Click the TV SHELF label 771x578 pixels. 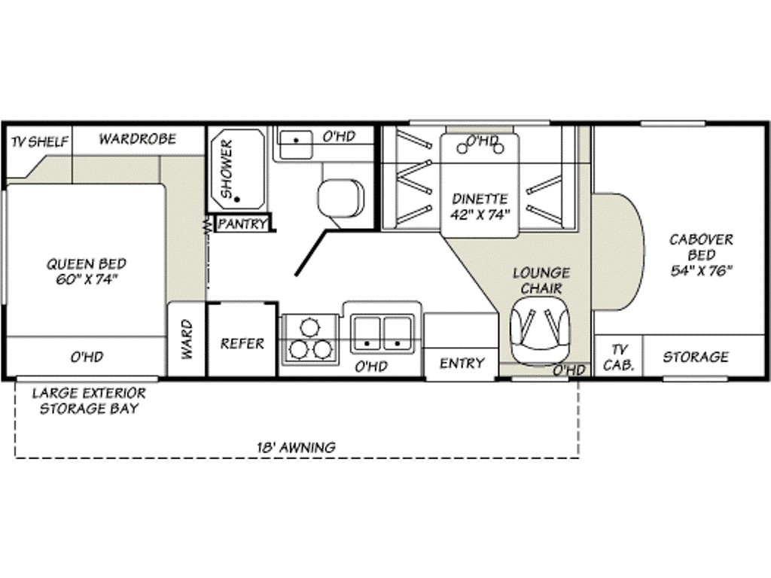point(40,142)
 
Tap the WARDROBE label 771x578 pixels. point(137,139)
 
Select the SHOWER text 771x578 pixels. point(227,169)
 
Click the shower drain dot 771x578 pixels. point(237,199)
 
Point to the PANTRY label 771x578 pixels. point(242,224)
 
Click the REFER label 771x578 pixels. point(242,343)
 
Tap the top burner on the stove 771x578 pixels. point(309,327)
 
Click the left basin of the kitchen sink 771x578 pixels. point(367,334)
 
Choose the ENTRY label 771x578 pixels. point(462,364)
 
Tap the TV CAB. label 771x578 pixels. point(619,357)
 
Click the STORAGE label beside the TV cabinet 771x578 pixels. point(696,357)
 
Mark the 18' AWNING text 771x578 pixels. point(296,447)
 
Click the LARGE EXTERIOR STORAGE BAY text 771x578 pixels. point(89,401)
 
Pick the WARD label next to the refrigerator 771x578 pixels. point(187,339)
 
